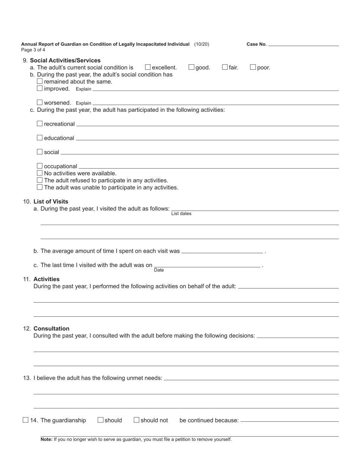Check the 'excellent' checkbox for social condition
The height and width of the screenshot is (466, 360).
[x=148, y=67]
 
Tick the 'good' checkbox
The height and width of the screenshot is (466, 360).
[x=191, y=67]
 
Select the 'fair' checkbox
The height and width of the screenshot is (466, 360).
[x=225, y=67]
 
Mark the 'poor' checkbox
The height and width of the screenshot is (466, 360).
[x=253, y=67]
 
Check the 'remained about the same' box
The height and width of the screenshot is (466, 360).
[x=40, y=81]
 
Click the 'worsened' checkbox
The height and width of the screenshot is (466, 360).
[x=40, y=103]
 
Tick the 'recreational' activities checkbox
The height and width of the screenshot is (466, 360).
[x=40, y=124]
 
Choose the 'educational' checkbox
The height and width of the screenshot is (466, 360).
[x=40, y=138]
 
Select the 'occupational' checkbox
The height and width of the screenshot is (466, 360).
[x=40, y=166]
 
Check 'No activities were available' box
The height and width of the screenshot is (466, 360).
[x=40, y=173]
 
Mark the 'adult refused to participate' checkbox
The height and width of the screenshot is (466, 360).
[x=40, y=180]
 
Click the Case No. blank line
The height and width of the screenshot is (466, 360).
[x=303, y=44]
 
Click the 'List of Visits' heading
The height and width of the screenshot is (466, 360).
[x=51, y=202]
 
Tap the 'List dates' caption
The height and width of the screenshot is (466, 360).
[x=181, y=214]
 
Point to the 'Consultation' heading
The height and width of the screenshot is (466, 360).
[x=51, y=328]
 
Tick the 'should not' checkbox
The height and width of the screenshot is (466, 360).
[x=136, y=420]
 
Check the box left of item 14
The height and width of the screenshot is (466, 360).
[x=25, y=420]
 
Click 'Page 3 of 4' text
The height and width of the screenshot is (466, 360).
[x=33, y=50]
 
